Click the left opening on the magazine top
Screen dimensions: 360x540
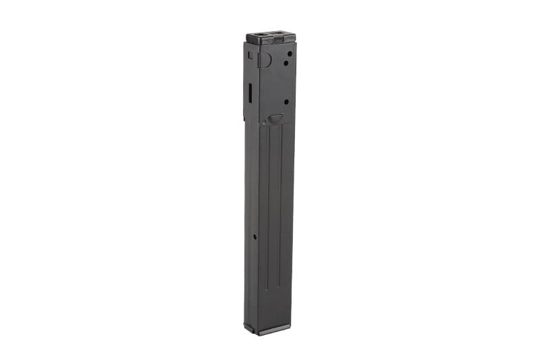click(x=260, y=34)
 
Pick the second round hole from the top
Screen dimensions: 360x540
click(x=286, y=63)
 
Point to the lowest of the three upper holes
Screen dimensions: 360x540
click(x=286, y=102)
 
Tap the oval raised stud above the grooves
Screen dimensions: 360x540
click(x=275, y=118)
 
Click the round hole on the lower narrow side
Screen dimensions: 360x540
click(x=255, y=237)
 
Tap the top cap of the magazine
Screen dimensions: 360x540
click(x=270, y=38)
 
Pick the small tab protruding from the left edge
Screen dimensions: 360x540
click(x=245, y=119)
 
